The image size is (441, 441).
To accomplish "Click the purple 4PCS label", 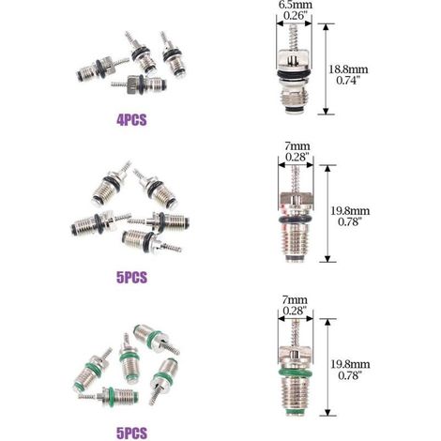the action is (131, 120).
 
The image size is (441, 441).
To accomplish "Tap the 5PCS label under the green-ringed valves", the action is (131, 433).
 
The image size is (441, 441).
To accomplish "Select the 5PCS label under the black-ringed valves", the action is (131, 277).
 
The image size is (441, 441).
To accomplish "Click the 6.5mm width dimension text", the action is (296, 5).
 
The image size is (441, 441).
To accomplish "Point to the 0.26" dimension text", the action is (295, 16).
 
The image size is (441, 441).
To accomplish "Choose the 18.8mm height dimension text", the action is (348, 69).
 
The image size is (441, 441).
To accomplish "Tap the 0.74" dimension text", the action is (348, 81).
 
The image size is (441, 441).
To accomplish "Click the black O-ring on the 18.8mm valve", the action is (294, 74).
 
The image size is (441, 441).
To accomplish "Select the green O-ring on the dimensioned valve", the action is (295, 373).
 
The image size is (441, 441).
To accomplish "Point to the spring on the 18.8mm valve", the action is (293, 37).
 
